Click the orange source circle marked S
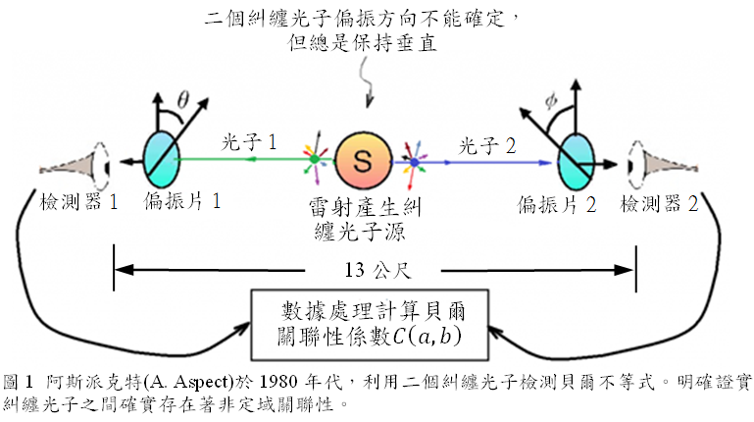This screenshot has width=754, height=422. pyautogui.click(x=363, y=160)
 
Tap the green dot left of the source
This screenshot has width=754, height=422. pyautogui.click(x=314, y=158)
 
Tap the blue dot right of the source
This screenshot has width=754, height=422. pyautogui.click(x=415, y=163)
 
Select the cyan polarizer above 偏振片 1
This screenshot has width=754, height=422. pyautogui.click(x=162, y=159)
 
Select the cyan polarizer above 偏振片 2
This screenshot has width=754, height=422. pyautogui.click(x=576, y=162)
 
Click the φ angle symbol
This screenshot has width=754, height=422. pyautogui.click(x=551, y=101)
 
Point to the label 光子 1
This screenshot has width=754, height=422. pyautogui.click(x=249, y=142)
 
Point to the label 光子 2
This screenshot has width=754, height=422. pyautogui.click(x=486, y=146)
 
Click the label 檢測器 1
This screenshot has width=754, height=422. pyautogui.click(x=78, y=201)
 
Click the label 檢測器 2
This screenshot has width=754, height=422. pyautogui.click(x=659, y=204)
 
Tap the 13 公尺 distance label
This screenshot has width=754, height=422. pyautogui.click(x=377, y=270)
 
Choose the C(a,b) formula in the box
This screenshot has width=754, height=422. pyautogui.click(x=427, y=336)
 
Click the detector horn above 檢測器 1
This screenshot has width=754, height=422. pyautogui.click(x=75, y=166)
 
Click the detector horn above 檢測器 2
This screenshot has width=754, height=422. pyautogui.click(x=663, y=165)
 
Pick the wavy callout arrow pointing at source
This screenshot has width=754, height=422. pyautogui.click(x=367, y=80)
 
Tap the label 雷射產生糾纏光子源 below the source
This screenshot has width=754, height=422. pyautogui.click(x=364, y=220)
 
